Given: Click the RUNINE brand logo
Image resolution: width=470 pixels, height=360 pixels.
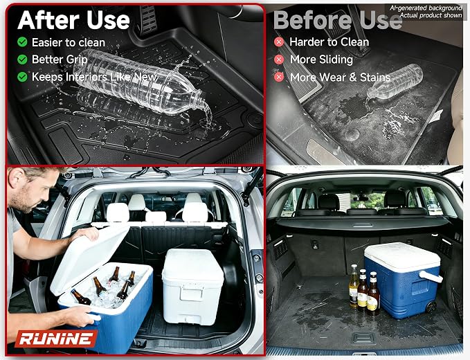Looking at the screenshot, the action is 56,339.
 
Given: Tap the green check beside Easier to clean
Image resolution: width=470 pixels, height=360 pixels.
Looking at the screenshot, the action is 22,42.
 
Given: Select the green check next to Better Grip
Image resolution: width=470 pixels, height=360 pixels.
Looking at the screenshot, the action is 22,60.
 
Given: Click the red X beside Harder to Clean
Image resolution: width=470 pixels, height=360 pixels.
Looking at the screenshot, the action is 279,42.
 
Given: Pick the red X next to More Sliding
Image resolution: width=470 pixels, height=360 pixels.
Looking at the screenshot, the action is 279,60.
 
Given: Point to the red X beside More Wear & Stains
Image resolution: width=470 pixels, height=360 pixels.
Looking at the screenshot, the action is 279,77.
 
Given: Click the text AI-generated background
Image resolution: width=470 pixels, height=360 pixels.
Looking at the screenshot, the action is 426,8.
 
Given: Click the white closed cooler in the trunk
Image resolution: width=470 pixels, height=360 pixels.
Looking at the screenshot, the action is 192,286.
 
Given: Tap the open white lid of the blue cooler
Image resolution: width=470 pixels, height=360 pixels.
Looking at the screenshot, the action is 89,260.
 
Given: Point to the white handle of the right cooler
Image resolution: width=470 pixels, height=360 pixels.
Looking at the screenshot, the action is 431,276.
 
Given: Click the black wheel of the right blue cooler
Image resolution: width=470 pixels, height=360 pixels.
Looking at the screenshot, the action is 431,307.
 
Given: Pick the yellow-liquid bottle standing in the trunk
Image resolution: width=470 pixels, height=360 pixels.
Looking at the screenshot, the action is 354,285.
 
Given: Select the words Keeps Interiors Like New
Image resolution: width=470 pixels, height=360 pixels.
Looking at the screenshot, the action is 94,77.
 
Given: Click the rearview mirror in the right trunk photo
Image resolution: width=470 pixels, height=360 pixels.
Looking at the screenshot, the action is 361,198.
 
